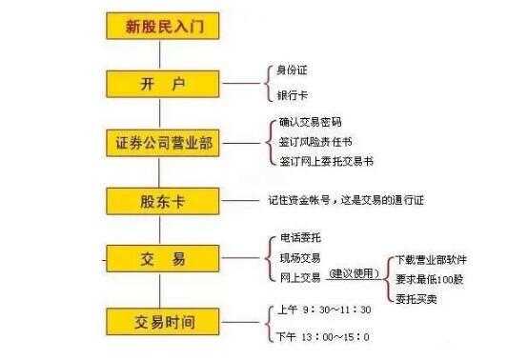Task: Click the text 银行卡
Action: pos(292,95)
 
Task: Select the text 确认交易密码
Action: pos(310,122)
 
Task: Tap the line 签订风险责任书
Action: pos(315,141)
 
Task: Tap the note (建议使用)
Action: pos(354,274)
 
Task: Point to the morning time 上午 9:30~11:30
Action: pos(325,310)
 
